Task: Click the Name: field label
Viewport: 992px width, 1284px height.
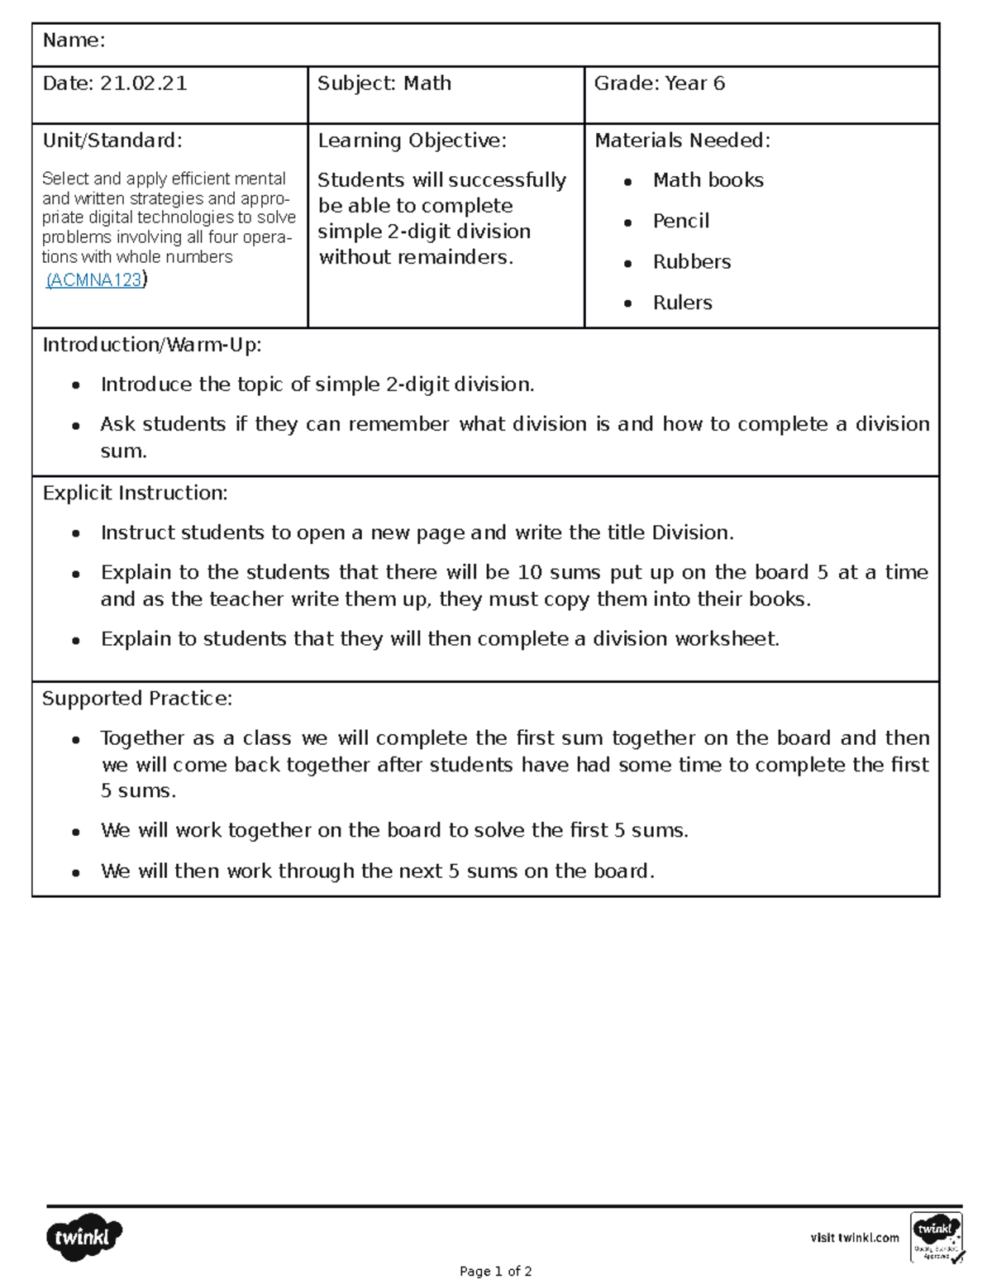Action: click(74, 41)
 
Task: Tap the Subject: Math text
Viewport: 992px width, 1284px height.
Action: click(384, 84)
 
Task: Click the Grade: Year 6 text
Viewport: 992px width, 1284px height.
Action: click(659, 84)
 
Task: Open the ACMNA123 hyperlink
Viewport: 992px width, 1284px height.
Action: click(95, 280)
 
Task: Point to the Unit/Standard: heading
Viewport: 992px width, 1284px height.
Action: click(112, 141)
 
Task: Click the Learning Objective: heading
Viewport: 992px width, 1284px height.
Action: click(412, 141)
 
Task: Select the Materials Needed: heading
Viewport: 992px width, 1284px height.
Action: click(682, 141)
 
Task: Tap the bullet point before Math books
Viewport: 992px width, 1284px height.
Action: click(628, 182)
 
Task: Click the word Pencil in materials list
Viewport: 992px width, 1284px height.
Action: click(680, 222)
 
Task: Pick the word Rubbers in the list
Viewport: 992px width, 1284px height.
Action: click(691, 262)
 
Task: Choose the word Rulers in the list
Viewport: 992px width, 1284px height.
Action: click(682, 303)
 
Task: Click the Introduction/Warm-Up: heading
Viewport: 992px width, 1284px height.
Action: click(152, 345)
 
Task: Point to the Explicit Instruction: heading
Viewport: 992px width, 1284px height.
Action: click(135, 494)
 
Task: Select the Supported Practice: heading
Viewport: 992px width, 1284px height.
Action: click(137, 699)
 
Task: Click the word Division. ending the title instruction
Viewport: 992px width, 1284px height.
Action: click(692, 533)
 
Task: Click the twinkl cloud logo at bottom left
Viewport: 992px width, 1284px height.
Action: click(83, 1237)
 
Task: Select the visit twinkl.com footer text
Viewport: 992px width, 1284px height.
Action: click(854, 1238)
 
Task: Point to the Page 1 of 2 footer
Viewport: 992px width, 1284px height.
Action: click(495, 1272)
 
